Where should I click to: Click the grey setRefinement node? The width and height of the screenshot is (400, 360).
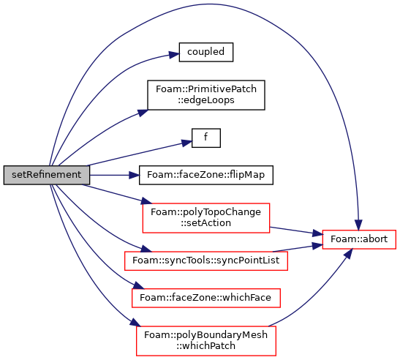47,175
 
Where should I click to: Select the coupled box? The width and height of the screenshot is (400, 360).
206,52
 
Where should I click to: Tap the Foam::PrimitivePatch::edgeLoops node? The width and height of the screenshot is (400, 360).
206,95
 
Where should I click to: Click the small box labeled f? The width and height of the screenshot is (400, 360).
206,138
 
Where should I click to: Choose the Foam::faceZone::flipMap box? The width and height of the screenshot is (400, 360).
206,175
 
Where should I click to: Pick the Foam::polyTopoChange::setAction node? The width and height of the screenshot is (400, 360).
206,218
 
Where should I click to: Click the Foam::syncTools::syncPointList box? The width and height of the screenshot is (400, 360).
206,260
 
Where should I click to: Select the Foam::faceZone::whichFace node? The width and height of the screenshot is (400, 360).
206,298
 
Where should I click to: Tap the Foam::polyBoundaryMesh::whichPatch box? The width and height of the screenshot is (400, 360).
206,340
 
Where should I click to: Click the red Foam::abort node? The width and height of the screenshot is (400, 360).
359,239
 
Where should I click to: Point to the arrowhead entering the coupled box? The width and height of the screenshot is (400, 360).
174,54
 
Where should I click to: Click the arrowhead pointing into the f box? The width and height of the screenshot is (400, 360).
186,143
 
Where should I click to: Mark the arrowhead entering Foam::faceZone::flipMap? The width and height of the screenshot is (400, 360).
134,175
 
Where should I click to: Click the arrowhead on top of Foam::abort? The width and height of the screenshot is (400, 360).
358,225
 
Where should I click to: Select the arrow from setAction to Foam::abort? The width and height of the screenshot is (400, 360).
296,230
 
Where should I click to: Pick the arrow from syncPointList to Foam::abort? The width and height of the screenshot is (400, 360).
298,248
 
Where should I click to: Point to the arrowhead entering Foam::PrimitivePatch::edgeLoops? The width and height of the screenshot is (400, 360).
143,113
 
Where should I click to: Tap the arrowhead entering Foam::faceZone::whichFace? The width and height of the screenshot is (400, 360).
138,285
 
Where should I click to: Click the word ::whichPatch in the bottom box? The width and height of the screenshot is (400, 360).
205,346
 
